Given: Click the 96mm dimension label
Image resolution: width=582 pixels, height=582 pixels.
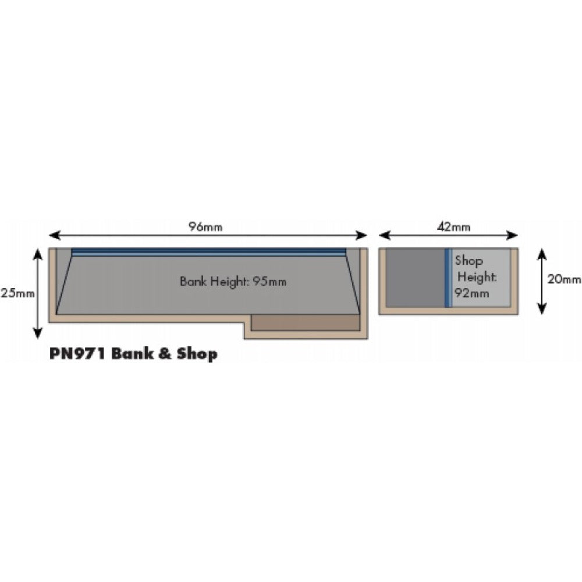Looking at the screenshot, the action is (x=205, y=226).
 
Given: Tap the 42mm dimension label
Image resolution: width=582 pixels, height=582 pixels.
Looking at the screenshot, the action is (x=453, y=226).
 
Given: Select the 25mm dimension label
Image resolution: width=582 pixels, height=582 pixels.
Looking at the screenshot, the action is (x=17, y=293).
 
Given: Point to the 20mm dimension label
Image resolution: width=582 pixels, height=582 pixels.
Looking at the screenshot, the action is (x=564, y=279).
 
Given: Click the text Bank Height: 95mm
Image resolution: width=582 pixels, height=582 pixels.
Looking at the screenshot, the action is (x=233, y=281).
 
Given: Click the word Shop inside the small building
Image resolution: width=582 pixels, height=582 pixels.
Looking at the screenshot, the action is (x=469, y=261).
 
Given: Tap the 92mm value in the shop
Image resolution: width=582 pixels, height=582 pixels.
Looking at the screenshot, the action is (x=472, y=293).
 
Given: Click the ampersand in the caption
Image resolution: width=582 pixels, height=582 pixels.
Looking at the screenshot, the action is (x=165, y=353).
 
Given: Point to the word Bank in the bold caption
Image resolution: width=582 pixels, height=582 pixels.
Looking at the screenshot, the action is (x=133, y=353).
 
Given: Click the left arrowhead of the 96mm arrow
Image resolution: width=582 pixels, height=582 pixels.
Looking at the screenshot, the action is (x=54, y=235).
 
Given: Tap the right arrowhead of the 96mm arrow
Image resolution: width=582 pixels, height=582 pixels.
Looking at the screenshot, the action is (x=361, y=235).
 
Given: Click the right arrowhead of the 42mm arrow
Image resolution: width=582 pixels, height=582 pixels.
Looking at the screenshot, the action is (x=512, y=235).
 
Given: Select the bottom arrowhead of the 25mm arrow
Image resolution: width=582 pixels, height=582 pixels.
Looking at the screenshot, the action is (x=37, y=333).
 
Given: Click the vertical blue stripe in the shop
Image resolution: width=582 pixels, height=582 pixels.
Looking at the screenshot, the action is (x=448, y=278).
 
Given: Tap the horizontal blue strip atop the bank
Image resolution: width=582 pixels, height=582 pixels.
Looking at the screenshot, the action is (x=208, y=252).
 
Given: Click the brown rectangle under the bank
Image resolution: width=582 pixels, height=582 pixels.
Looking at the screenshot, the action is (x=306, y=322).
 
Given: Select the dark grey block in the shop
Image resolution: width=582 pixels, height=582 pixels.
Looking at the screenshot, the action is (x=416, y=278).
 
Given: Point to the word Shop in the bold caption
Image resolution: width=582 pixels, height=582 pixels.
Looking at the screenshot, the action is (x=197, y=354).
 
